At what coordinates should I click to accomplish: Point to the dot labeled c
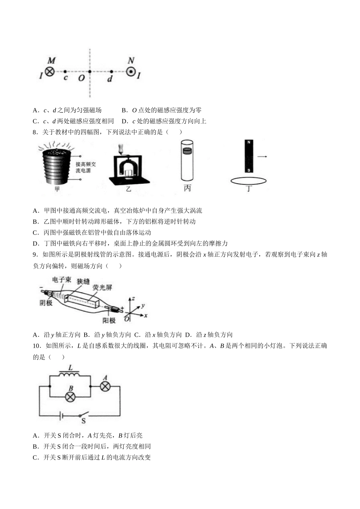[65, 71]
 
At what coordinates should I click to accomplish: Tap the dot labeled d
[111, 71]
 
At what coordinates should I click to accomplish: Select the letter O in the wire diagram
[81, 78]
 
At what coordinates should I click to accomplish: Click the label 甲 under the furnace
[57, 189]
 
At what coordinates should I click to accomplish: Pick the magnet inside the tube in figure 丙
[187, 151]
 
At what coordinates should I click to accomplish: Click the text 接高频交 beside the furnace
[86, 164]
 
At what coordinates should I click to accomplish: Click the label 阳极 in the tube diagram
[109, 320]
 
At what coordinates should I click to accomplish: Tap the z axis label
[133, 298]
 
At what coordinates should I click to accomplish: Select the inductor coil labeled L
[70, 375]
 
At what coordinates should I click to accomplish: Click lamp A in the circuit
[105, 386]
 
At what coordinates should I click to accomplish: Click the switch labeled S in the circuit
[83, 414]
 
